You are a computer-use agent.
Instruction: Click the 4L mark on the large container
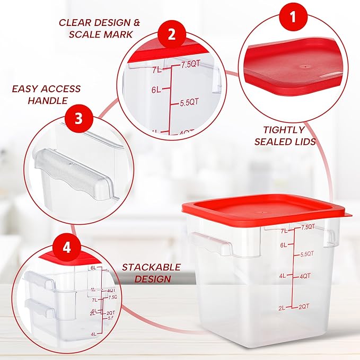(283, 276)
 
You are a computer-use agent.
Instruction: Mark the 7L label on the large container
(284, 231)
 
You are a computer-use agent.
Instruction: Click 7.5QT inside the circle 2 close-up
(189, 65)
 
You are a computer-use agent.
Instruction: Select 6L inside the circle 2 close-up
(155, 90)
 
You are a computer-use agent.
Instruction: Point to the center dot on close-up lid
(304, 67)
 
